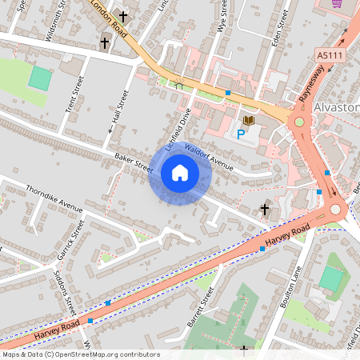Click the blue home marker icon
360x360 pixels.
click(180, 173)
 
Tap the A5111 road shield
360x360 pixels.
click(327, 54)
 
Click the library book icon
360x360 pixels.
click(248, 120)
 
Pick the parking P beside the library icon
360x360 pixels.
click(241, 133)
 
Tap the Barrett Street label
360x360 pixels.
click(203, 307)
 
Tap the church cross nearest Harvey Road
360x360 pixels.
click(265, 210)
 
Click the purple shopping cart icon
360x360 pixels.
click(336, 3)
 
